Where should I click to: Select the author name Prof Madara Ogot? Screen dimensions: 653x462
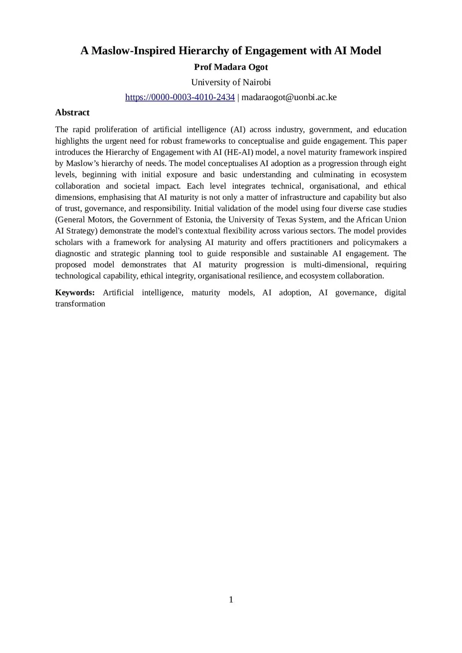pyautogui.click(x=231, y=67)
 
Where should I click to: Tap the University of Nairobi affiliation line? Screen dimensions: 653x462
pyautogui.click(x=231, y=82)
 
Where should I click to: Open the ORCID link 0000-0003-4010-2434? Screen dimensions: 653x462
pyautogui.click(x=180, y=97)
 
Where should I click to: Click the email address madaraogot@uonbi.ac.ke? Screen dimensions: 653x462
pyautogui.click(x=289, y=97)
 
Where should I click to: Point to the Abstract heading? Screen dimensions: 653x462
pyautogui.click(x=72, y=112)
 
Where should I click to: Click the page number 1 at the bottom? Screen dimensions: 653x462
pyautogui.click(x=231, y=599)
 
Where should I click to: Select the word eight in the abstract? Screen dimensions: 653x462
pyautogui.click(x=397, y=163)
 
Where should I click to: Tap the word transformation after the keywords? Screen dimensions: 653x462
pyautogui.click(x=80, y=304)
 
